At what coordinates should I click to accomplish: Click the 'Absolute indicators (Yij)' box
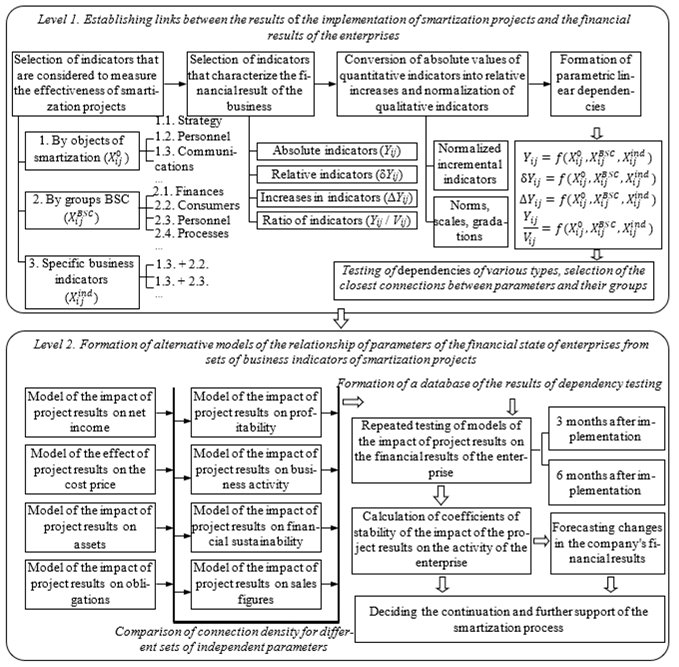click(337, 151)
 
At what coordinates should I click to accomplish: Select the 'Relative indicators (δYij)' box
click(337, 174)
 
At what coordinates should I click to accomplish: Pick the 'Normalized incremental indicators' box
click(470, 165)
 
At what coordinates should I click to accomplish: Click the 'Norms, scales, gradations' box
click(470, 221)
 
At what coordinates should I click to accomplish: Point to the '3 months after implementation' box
click(606, 428)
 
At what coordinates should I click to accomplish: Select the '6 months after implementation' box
click(606, 482)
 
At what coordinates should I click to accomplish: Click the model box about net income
click(90, 412)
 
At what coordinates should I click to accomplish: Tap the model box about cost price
click(90, 469)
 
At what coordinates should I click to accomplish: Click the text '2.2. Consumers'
click(197, 205)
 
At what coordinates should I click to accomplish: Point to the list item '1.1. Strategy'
click(188, 121)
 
